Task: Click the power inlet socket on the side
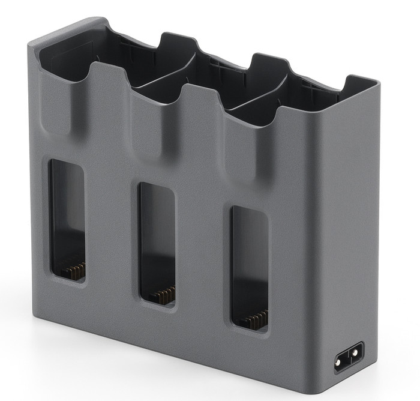click(x=349, y=357)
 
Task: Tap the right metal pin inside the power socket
click(x=356, y=353)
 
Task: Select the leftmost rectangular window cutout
click(x=67, y=220)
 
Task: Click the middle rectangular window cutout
click(x=157, y=244)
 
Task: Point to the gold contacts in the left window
click(x=74, y=271)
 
